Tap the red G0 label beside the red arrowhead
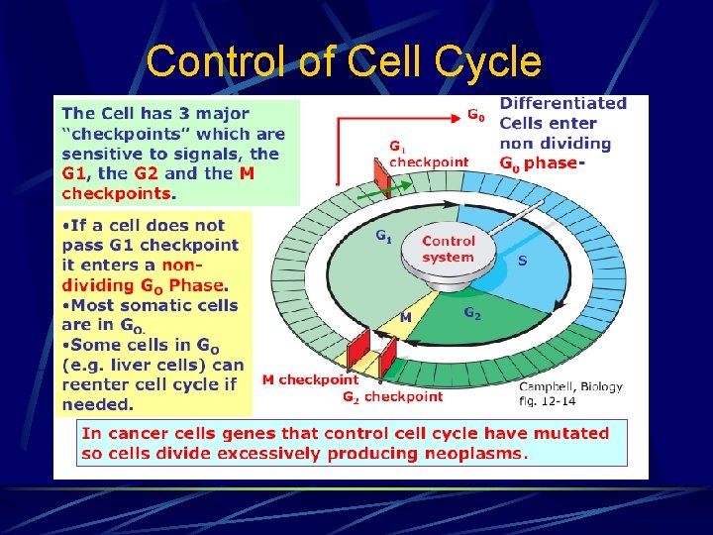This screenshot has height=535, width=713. (x=476, y=115)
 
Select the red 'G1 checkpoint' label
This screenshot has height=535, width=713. (x=428, y=157)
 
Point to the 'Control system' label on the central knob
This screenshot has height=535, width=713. (x=448, y=249)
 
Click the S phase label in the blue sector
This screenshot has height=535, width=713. (x=523, y=261)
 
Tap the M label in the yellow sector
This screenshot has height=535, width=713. (x=406, y=317)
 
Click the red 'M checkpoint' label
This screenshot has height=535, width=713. (x=310, y=378)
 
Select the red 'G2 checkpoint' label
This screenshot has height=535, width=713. (x=392, y=396)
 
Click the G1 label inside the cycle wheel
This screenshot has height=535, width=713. (x=382, y=236)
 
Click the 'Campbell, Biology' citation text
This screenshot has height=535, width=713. (x=571, y=386)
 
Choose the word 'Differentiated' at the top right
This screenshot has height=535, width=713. (x=563, y=103)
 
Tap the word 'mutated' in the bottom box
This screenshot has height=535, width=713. (x=573, y=433)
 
